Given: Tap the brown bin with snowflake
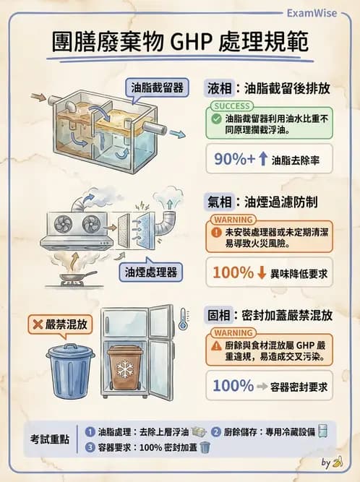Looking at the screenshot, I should (125, 371).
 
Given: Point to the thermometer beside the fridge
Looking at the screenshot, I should (182, 319).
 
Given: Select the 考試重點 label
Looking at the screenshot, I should (50, 439).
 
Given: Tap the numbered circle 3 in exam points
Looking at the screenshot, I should (90, 447).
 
